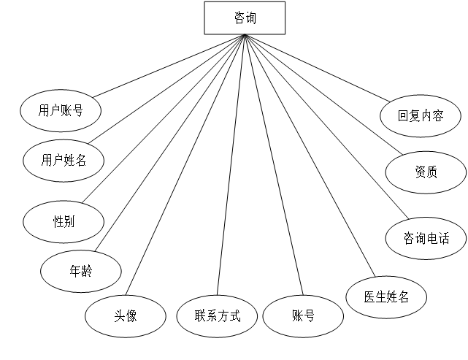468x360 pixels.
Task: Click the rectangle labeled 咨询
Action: pos(245,18)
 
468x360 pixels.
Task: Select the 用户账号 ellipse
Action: pos(61,111)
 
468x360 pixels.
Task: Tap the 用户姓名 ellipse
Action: pos(64,160)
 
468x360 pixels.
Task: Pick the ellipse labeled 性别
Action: pos(64,221)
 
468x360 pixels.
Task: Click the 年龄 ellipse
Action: pos(81,271)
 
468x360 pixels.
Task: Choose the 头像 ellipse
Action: pos(125,316)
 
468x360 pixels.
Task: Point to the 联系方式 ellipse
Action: pos(217,316)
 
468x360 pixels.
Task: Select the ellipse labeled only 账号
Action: pos(303,316)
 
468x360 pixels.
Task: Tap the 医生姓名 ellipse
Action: pos(386,296)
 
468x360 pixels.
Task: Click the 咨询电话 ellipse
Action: pos(426,238)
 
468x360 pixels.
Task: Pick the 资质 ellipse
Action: pos(426,172)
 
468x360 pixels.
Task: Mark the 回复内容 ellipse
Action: pos(421,115)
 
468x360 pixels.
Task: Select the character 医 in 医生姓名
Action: pos(370,296)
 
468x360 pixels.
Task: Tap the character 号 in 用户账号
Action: pos(77,111)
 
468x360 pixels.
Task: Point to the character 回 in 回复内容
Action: pos(404,115)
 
